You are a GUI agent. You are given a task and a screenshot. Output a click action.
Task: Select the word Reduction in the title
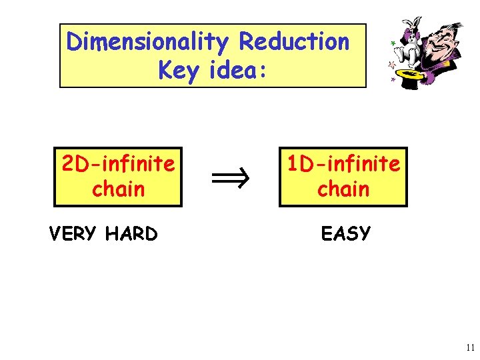point(294,42)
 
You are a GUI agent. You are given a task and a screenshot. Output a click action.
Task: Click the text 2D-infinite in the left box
point(118,163)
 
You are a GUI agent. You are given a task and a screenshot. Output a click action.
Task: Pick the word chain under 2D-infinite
point(118,189)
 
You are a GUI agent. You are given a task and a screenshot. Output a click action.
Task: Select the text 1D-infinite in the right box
point(343,163)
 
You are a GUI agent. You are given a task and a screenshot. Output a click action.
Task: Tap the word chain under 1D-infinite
point(343,189)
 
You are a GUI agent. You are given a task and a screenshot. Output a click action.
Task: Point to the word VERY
point(75,234)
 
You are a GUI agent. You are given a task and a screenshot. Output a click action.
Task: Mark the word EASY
point(345,233)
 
